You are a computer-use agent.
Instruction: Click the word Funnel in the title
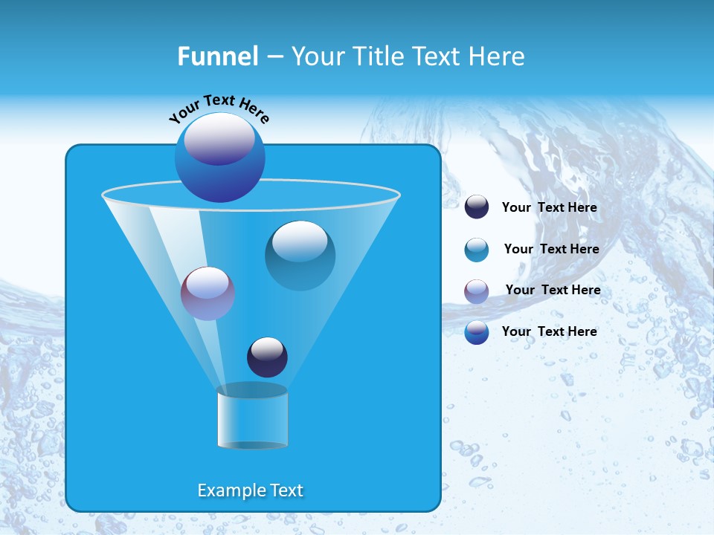click(x=217, y=56)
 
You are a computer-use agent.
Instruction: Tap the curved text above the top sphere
click(x=219, y=108)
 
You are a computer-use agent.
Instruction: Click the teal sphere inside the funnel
click(x=300, y=256)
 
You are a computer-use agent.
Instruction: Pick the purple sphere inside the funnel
click(x=208, y=294)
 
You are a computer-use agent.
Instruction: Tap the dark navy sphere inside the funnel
click(x=267, y=357)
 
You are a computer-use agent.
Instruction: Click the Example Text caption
click(x=251, y=490)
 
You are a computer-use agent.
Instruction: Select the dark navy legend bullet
click(x=477, y=207)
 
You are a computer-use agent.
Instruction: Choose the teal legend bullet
click(x=477, y=250)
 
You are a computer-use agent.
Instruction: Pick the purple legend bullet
click(x=477, y=291)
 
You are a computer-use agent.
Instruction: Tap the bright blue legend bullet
click(x=477, y=332)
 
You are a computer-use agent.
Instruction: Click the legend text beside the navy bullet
click(x=549, y=207)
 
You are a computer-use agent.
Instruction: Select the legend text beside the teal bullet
click(x=551, y=249)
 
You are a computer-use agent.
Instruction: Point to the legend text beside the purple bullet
click(x=553, y=290)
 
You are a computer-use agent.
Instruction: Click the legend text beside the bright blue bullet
click(x=549, y=331)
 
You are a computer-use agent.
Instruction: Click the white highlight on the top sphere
click(x=219, y=137)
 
